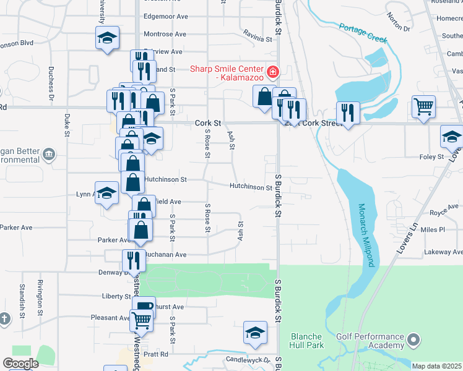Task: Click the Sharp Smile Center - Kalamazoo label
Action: pos(227,74)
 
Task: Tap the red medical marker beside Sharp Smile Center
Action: pos(271,74)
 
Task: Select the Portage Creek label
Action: pos(363,33)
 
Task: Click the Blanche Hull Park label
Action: pos(306,341)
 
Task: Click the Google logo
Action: pos(20,364)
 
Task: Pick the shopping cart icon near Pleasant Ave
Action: pos(142,320)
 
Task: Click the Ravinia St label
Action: pos(257,36)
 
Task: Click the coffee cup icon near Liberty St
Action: pos(144,307)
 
